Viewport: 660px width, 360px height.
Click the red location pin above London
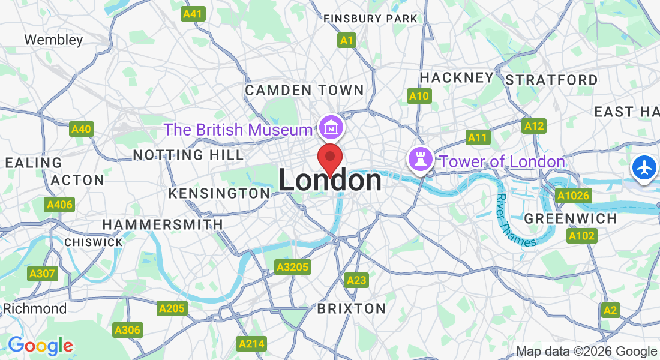point(329,158)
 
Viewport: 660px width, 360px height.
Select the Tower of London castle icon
point(419,160)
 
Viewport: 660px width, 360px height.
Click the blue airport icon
point(644,167)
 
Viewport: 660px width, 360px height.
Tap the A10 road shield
point(419,96)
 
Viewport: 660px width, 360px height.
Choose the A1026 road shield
point(574,196)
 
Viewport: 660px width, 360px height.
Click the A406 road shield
point(59,205)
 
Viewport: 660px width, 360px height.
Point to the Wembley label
point(53,40)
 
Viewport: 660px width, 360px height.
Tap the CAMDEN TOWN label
point(304,91)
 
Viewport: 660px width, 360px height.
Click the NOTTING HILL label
point(188,155)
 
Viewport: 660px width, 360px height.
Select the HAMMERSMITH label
point(163,224)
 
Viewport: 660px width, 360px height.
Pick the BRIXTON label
point(351,308)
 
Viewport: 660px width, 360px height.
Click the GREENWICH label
point(570,218)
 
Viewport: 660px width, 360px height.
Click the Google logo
point(40,346)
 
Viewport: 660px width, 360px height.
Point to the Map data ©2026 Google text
point(586,352)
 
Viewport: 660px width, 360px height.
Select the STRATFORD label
point(551,80)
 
